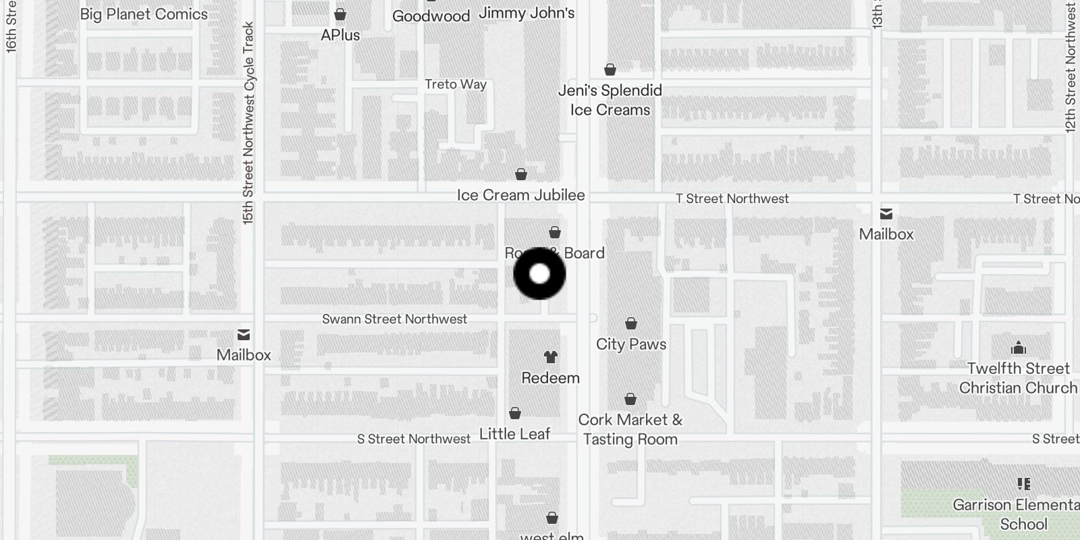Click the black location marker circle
click(539, 273)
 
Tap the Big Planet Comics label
click(144, 14)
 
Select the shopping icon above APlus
click(340, 14)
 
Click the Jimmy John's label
click(526, 13)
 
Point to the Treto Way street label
click(456, 84)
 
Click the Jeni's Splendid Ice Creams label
click(610, 100)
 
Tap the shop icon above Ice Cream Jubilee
click(521, 175)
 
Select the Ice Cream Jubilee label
click(521, 195)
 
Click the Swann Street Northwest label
click(394, 319)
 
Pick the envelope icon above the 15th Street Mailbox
click(244, 335)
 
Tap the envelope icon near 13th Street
click(886, 214)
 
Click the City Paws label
click(631, 344)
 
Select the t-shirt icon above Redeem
click(551, 357)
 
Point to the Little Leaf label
click(515, 434)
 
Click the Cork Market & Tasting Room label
click(630, 429)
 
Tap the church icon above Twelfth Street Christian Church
click(1019, 348)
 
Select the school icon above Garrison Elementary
click(1023, 484)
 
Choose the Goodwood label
click(431, 16)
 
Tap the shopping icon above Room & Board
click(555, 233)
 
